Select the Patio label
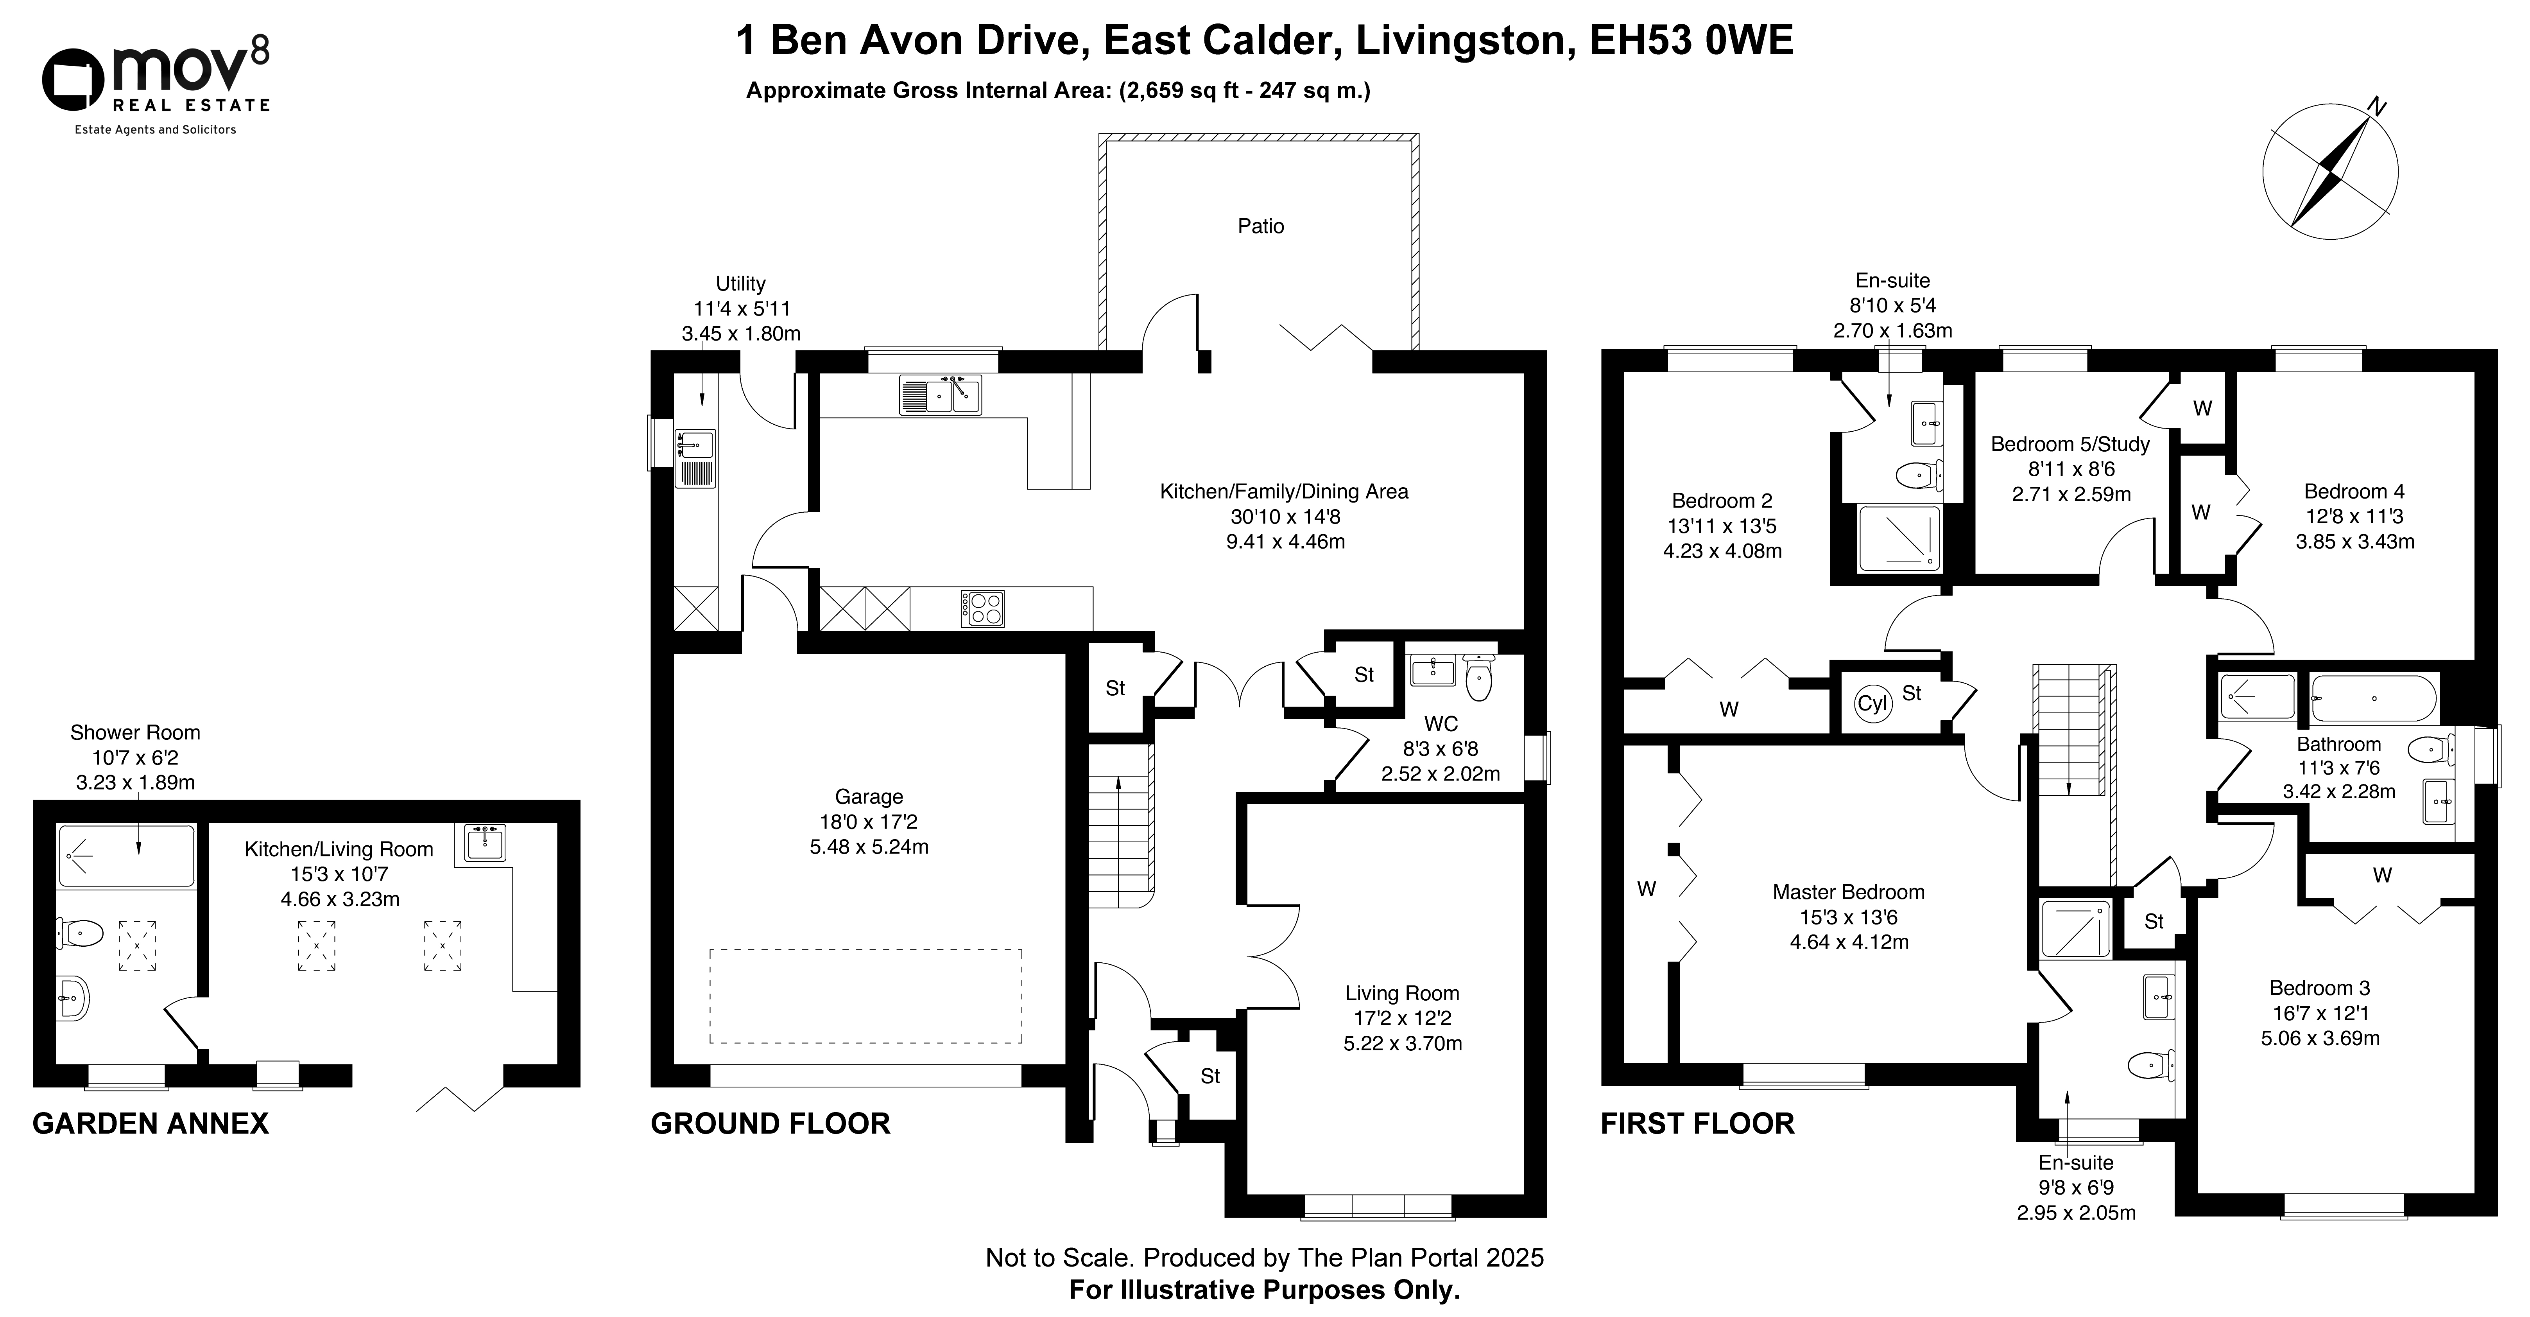click(1261, 226)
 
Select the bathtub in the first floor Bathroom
click(2373, 698)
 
